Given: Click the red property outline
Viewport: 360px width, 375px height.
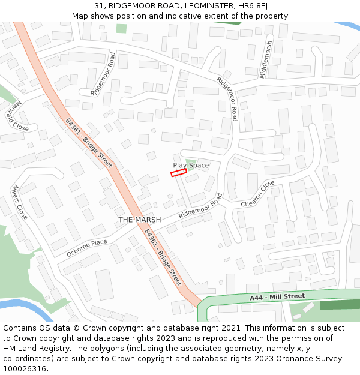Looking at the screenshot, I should (179, 173).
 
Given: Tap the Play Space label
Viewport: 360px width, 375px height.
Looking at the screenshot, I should (191, 165).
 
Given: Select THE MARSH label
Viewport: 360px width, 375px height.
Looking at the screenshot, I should (140, 220).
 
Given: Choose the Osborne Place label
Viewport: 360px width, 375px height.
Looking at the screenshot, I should (86, 247).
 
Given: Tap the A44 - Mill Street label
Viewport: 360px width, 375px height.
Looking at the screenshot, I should (277, 296).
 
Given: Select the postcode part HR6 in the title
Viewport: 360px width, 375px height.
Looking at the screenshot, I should (247, 6).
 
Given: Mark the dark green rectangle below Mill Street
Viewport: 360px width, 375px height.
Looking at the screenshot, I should (340, 305).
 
